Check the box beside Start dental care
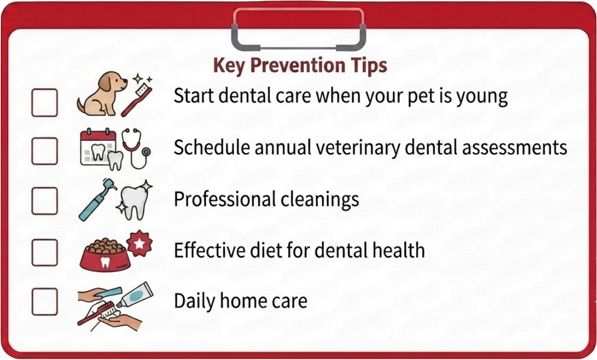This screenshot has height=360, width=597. [x=45, y=103]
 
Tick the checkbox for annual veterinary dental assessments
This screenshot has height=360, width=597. [x=45, y=151]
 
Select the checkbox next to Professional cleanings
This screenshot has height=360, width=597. [x=45, y=201]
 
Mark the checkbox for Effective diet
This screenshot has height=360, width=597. [x=45, y=252]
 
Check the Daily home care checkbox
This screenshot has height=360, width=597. [x=45, y=301]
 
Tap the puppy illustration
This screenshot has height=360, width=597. [x=101, y=93]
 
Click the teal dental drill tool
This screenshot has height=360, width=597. [x=98, y=200]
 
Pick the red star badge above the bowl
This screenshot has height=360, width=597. [x=139, y=243]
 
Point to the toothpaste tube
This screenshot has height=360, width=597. [x=135, y=295]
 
